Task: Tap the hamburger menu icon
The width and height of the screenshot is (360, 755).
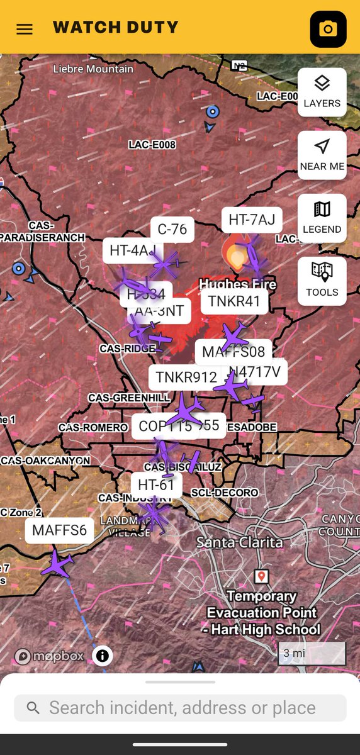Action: pos(25,29)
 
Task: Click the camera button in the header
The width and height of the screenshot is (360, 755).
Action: pos(328,29)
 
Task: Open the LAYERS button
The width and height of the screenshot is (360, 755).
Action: pos(322,92)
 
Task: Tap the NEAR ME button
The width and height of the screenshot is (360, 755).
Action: pos(322,155)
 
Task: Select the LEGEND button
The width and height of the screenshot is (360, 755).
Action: pos(322,218)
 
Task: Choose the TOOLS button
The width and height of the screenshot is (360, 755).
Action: pos(322,281)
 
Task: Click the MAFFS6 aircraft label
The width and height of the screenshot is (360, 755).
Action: pos(59,530)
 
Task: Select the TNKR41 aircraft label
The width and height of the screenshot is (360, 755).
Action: pos(233,301)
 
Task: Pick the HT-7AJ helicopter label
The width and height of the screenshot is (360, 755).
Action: pos(252,220)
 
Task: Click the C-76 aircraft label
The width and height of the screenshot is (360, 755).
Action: pos(172,229)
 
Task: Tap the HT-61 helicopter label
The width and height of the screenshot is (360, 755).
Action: pos(156,484)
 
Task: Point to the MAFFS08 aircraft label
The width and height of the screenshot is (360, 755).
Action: pos(233,351)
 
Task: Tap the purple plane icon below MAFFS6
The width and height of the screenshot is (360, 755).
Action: pos(57,563)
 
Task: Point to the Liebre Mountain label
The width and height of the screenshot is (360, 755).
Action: pos(93,69)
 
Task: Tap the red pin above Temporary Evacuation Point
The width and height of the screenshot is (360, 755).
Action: pos(261,576)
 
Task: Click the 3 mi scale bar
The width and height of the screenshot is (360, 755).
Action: pos(312,654)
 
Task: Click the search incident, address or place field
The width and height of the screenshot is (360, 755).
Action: pos(180,708)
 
